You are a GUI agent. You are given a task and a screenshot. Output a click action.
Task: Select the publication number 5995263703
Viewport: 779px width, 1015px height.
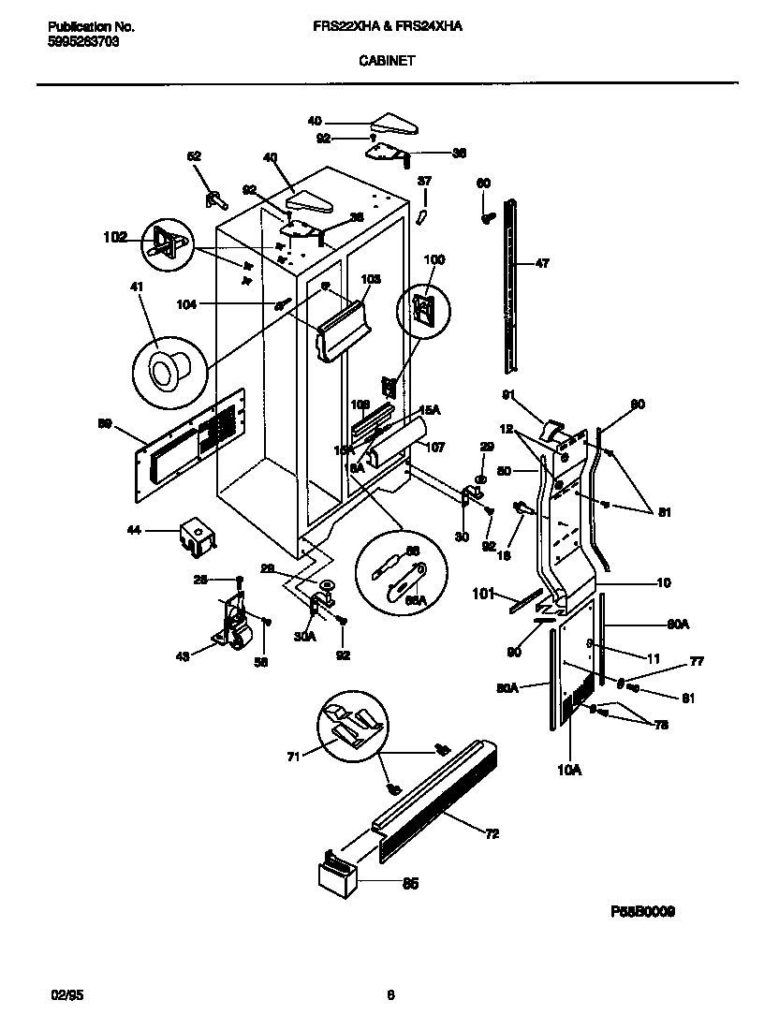(83, 42)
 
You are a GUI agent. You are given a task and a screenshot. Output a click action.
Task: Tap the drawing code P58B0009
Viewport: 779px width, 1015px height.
(643, 911)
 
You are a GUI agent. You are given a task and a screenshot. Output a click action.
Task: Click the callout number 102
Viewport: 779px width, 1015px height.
(115, 238)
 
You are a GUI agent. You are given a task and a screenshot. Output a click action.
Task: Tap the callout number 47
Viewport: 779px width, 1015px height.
(542, 264)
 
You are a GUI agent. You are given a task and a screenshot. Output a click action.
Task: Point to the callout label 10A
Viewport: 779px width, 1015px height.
(568, 770)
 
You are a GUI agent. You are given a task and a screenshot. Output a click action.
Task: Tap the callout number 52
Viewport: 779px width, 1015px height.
(194, 156)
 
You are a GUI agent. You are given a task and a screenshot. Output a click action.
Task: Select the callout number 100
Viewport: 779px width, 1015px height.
(435, 259)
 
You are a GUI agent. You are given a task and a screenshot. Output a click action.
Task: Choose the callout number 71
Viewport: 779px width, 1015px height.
(293, 757)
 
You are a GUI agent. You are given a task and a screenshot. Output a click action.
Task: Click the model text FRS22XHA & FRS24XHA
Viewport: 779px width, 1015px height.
(387, 28)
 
